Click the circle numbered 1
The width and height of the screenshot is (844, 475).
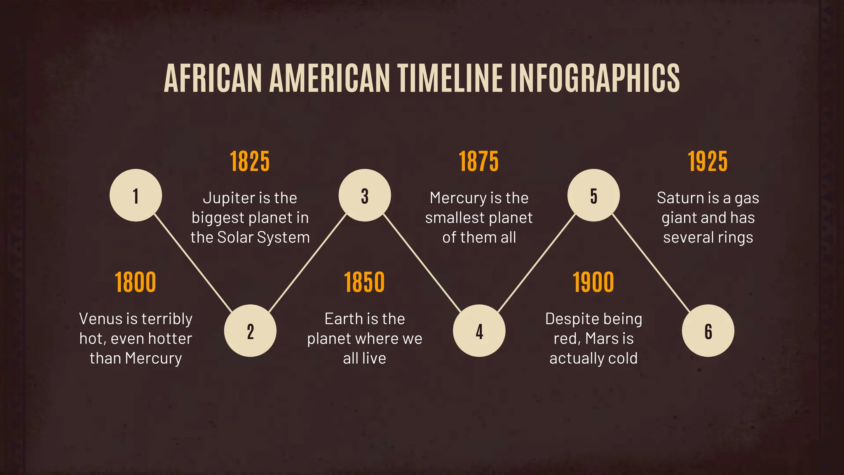pos(136,195)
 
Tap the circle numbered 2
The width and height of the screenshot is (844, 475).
pos(250,331)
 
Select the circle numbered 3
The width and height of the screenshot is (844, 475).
pos(365,195)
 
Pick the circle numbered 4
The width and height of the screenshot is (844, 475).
pos(479,331)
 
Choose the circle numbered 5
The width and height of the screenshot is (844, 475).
pos(593,195)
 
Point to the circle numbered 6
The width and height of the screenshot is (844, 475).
pos(708,331)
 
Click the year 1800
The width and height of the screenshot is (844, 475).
pos(136,282)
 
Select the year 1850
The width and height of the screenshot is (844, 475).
pos(365,282)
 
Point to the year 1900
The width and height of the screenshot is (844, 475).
pos(593,282)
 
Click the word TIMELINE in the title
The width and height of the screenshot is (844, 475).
pos(450,78)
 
